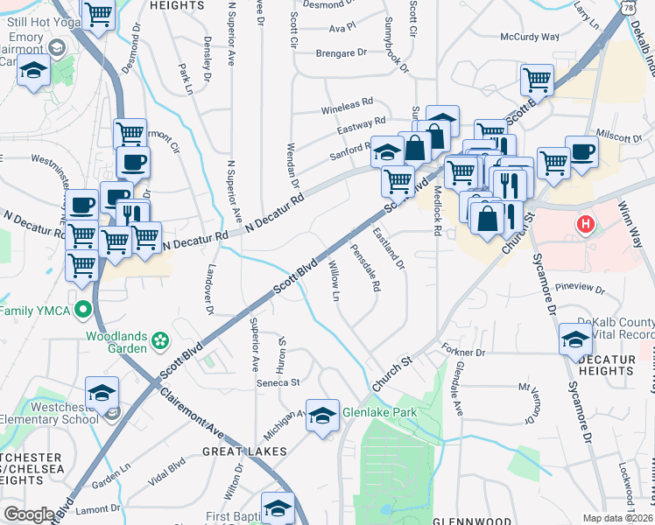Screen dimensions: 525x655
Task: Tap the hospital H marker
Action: click(x=586, y=226)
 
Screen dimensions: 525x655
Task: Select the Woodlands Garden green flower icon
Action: click(x=160, y=339)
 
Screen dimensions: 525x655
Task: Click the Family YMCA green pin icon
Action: click(x=82, y=309)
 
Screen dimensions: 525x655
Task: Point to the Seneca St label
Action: click(x=278, y=382)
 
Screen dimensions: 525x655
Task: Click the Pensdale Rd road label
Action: click(x=365, y=272)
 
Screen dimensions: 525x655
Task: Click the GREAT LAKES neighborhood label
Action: click(x=244, y=451)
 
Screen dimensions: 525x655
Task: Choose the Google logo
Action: click(x=28, y=514)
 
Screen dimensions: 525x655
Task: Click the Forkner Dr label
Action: click(x=463, y=352)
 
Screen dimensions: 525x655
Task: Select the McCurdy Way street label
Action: click(x=529, y=37)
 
